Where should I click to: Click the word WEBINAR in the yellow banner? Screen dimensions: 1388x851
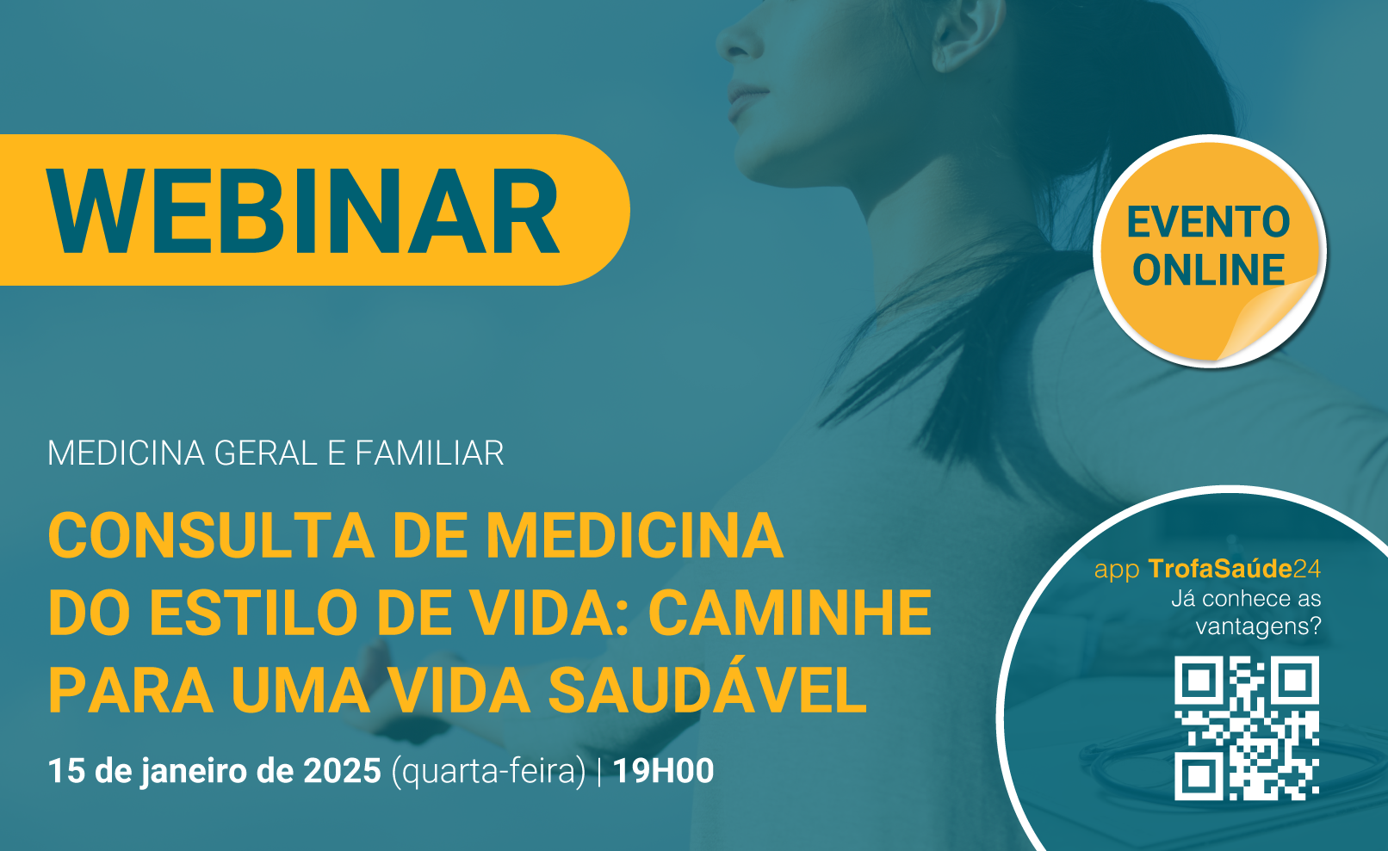coord(303,211)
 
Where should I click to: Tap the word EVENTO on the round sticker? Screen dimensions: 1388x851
coord(1208,222)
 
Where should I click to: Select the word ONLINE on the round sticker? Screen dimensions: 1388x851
coord(1208,270)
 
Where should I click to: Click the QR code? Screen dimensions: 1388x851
coord(1247,728)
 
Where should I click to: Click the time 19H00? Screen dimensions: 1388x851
coord(663,771)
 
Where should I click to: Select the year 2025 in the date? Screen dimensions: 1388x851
coord(342,771)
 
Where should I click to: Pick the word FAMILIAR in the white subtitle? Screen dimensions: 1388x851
coord(430,453)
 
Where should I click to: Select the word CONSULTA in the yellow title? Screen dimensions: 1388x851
coord(212,536)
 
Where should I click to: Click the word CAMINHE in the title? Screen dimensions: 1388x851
coord(790,614)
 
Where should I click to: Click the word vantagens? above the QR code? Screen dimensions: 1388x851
coord(1259,626)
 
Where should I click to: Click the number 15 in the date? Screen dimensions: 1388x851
coord(66,771)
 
